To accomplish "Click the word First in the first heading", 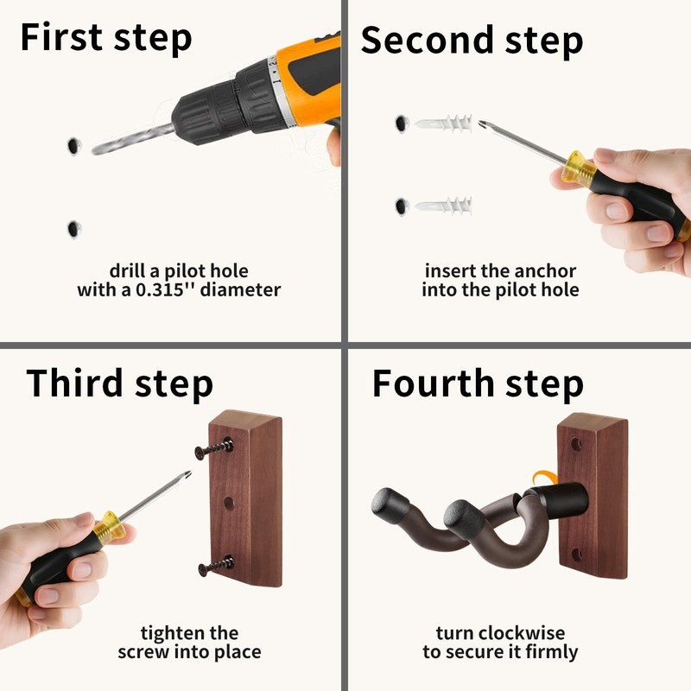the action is click(x=61, y=37).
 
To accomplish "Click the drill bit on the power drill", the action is click(x=133, y=139).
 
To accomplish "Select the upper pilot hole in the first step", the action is click(x=73, y=146).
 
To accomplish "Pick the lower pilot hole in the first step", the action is click(x=73, y=229).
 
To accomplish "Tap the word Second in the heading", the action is click(x=427, y=40).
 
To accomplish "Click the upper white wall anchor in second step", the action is click(x=444, y=123).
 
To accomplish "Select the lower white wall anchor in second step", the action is click(x=444, y=206).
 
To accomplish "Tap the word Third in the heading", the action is click(x=74, y=383).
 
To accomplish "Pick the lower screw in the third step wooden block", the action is click(x=216, y=567).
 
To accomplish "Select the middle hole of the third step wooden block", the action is click(x=229, y=504).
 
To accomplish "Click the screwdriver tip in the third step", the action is click(x=187, y=473).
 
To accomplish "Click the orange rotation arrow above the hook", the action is click(x=544, y=478).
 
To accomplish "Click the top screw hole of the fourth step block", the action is click(x=576, y=444).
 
